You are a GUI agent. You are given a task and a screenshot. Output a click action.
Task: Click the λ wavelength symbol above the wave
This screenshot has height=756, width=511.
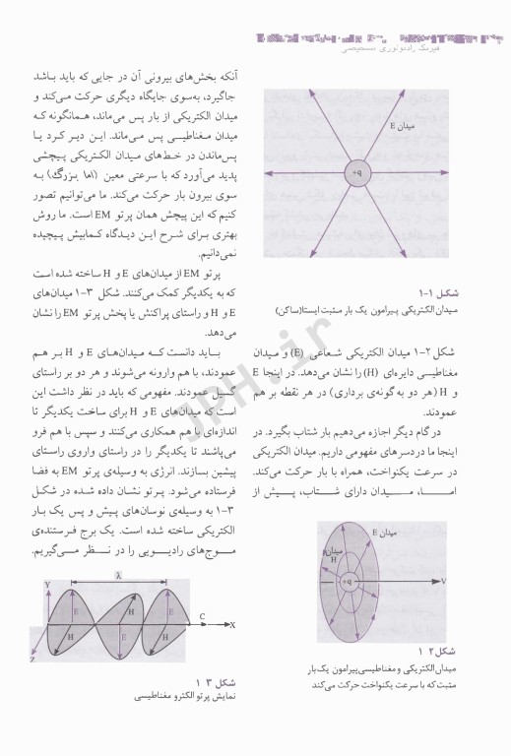pyautogui.click(x=117, y=571)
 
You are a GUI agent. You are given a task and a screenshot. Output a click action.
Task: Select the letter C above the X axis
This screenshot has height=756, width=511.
pyautogui.click(x=201, y=616)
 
